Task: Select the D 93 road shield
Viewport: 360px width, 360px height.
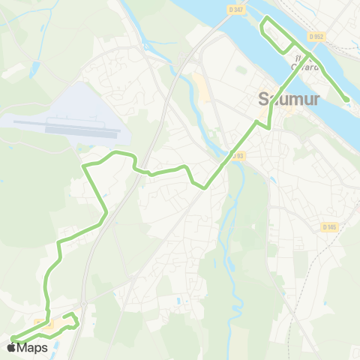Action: pos(238,155)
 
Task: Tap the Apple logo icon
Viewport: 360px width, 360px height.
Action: pos(10,347)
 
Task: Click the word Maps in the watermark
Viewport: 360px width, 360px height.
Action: pos(32,347)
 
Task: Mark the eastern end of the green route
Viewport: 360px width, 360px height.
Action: pos(346,100)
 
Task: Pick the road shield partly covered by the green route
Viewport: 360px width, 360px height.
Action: pos(45,324)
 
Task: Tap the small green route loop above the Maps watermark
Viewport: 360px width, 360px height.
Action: pos(69,320)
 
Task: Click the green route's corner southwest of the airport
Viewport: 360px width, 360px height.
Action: pos(84,165)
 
